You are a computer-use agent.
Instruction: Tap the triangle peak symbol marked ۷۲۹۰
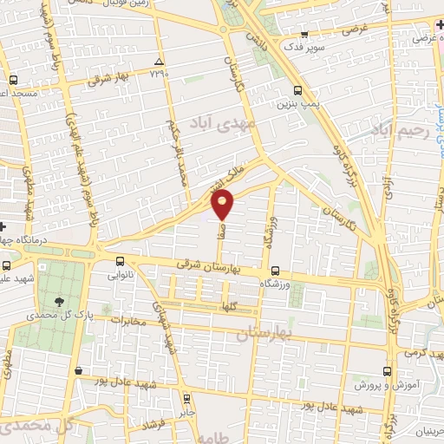tap(158, 61)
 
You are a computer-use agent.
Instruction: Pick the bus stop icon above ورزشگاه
tap(275, 270)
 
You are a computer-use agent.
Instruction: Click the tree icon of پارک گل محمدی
tap(59, 302)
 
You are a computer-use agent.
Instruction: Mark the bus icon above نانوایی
tap(120, 260)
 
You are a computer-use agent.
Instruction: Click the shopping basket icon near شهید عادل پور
tap(79, 371)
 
